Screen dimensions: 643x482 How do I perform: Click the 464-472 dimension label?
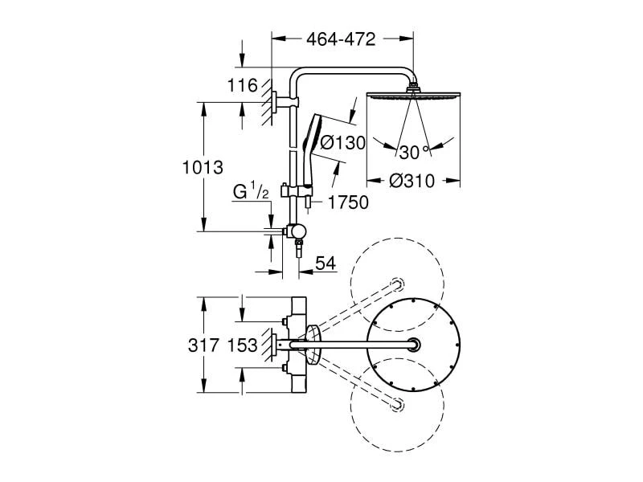point(341,39)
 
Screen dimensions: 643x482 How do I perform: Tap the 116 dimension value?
point(243,86)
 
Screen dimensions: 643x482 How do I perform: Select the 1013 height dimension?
point(203,168)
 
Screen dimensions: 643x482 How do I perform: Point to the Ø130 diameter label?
point(342,143)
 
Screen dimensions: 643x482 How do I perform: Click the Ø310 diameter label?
point(412,181)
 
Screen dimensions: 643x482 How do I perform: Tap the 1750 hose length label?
point(348,202)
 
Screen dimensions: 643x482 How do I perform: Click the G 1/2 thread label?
point(251,191)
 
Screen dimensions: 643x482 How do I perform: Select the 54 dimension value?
point(326,263)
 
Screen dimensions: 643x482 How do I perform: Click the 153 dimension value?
point(242,345)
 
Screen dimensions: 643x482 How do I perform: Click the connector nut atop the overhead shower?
point(413,88)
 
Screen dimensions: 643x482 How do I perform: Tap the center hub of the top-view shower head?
point(413,345)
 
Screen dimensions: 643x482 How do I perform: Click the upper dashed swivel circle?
point(397,284)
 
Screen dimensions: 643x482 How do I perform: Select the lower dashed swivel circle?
point(397,405)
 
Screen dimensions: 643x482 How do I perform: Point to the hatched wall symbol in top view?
point(268,345)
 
